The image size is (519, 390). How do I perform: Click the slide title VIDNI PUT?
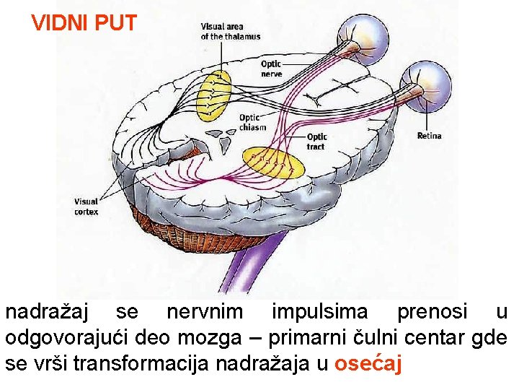(x=84, y=24)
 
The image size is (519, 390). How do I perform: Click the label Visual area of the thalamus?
(x=230, y=31)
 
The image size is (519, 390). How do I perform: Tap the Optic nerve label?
(x=271, y=69)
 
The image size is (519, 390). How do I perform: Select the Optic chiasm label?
(x=252, y=122)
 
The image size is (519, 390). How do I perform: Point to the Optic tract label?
(x=316, y=142)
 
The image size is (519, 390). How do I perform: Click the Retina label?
(x=429, y=136)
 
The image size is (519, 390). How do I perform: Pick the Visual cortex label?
(x=86, y=207)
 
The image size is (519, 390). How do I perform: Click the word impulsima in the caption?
(x=319, y=313)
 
